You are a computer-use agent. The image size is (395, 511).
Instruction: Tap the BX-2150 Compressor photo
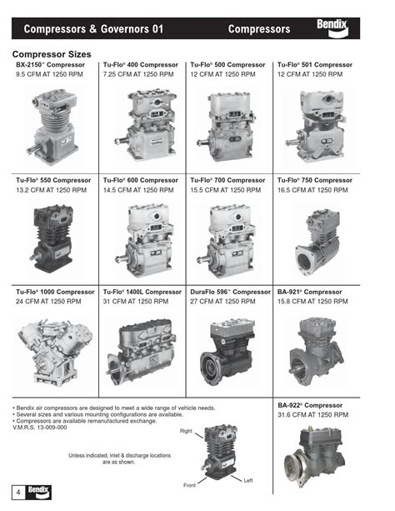[x=54, y=125]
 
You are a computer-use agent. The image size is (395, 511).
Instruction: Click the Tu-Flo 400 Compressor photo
[x=142, y=125]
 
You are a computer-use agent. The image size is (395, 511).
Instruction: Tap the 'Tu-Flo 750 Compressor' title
[x=314, y=181]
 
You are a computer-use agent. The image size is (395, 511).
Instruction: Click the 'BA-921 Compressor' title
[x=310, y=292]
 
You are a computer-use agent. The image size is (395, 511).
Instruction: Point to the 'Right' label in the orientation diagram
[x=186, y=430]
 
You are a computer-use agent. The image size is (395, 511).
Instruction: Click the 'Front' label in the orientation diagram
[x=192, y=484]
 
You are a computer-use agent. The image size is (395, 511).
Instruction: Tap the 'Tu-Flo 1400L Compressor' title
[x=142, y=292]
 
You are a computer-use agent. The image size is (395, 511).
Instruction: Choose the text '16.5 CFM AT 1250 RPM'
[x=314, y=191]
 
